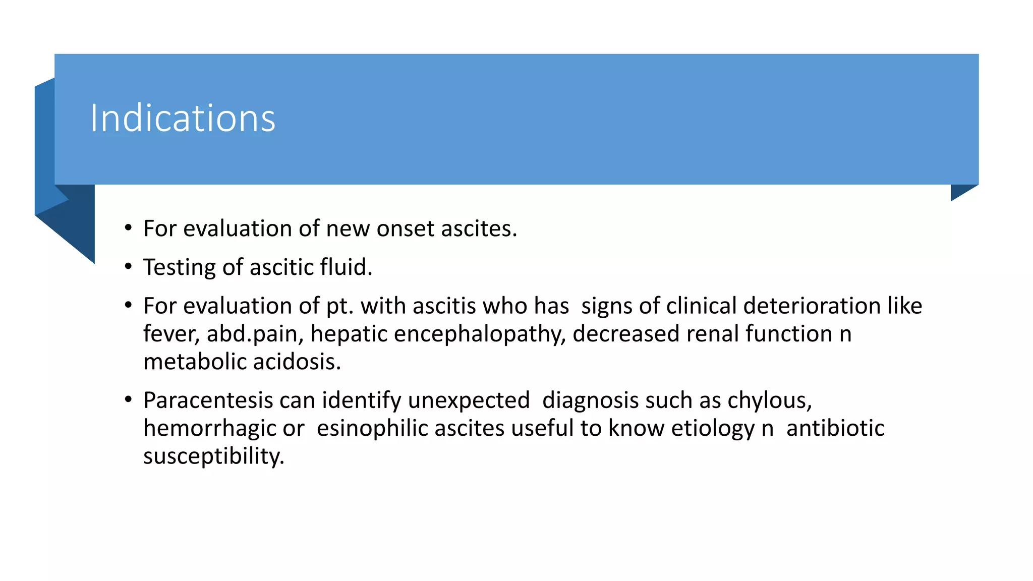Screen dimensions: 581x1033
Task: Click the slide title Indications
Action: (x=183, y=119)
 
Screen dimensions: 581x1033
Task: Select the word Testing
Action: (x=179, y=267)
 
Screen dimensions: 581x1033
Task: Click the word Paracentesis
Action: (x=208, y=400)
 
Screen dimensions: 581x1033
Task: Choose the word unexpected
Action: (x=469, y=400)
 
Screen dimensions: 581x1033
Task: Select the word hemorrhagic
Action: (x=209, y=428)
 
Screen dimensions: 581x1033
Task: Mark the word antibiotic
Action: (x=835, y=428)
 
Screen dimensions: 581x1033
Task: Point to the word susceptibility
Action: (x=214, y=456)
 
